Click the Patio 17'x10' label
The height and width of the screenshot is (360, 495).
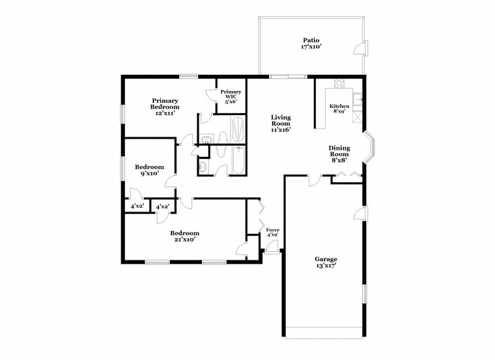311,44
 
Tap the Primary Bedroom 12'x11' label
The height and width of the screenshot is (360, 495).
166,107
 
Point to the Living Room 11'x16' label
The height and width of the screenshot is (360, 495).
281,123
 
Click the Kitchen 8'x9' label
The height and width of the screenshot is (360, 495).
339,109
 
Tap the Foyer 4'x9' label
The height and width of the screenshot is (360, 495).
273,233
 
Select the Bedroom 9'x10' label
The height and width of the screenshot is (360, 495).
149,170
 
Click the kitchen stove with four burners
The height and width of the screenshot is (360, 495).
339,83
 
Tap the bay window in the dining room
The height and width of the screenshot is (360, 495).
368,147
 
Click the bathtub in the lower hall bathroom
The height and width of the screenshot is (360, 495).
238,161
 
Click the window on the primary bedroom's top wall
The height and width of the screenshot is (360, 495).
189,76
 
